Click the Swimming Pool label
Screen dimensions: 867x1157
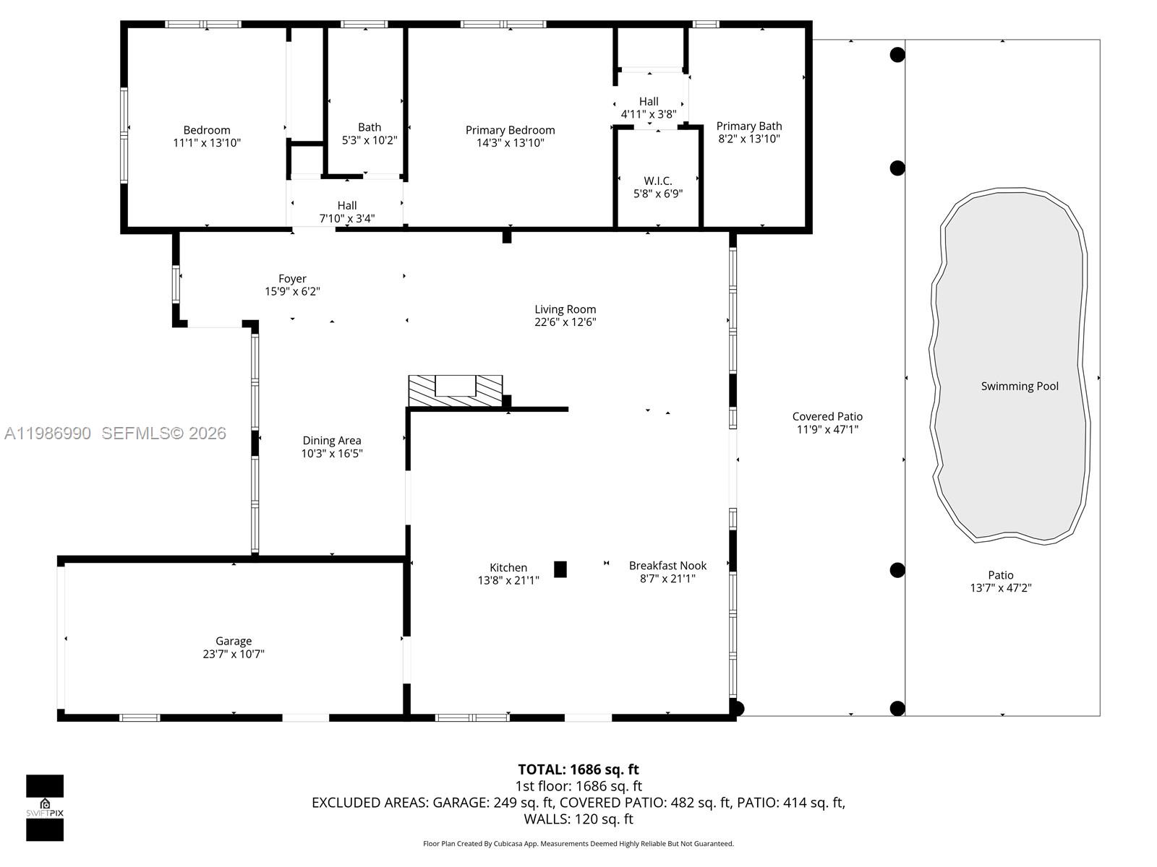click(1019, 386)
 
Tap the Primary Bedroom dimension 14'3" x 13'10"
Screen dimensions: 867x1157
click(510, 143)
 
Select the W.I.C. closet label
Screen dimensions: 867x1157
click(657, 181)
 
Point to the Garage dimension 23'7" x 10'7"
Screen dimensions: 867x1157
click(234, 654)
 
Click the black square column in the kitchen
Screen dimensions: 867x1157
click(560, 569)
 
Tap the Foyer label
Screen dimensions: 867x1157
click(292, 278)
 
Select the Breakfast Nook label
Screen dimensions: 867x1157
click(667, 565)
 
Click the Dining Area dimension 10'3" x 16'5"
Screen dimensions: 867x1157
click(332, 454)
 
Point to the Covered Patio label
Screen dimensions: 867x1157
click(827, 416)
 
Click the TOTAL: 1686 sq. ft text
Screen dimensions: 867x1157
click(578, 769)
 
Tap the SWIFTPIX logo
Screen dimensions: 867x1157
click(45, 808)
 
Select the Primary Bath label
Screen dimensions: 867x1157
click(748, 126)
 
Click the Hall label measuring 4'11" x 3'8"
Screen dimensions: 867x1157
click(649, 101)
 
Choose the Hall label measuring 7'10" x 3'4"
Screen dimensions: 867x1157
click(347, 205)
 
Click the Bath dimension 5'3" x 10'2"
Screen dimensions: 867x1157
click(370, 140)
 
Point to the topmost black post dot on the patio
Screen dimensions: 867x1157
click(897, 54)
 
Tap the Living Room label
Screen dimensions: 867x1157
click(565, 309)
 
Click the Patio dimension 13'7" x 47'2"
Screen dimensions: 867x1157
click(1000, 588)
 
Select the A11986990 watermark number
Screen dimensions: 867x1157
click(48, 433)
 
